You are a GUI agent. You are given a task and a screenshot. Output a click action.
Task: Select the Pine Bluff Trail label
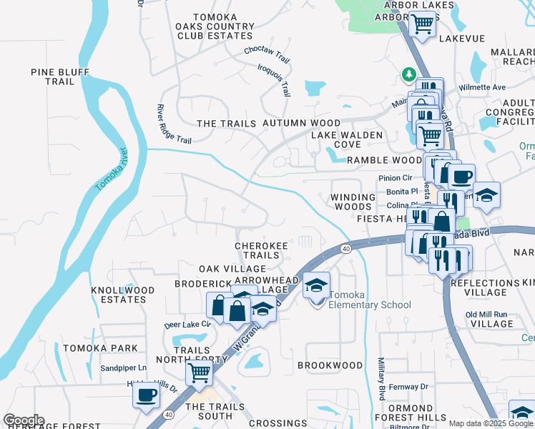(52, 77)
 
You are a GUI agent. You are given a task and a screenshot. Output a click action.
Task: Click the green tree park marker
(408, 74)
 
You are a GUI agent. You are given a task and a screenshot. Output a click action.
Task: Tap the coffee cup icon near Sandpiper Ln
(147, 394)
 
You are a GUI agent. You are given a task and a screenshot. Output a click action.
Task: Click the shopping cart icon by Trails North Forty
(199, 372)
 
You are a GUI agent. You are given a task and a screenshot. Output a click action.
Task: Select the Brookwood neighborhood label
(330, 365)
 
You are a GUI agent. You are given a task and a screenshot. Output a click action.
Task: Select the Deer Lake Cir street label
(188, 324)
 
